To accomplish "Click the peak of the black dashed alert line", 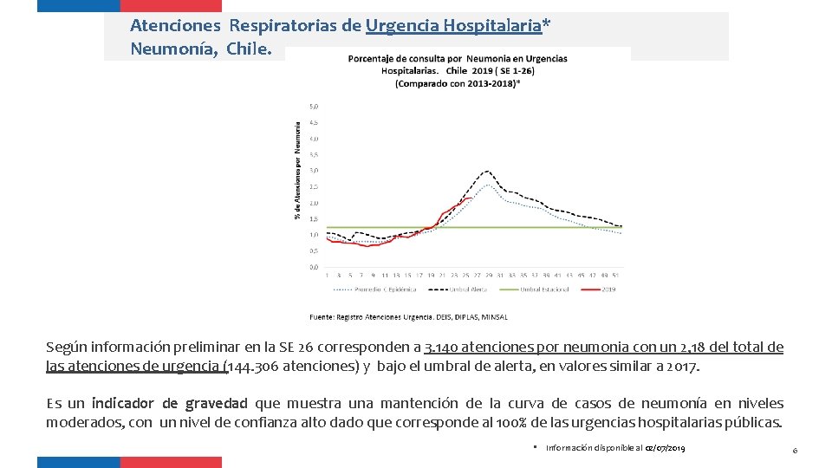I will tap(488, 172).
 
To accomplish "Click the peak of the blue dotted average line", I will tap(490, 185).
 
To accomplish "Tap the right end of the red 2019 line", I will tap(471, 198).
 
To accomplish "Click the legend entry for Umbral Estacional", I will tap(546, 289).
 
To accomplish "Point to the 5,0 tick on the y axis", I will tap(314, 106).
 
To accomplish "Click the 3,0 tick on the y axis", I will tap(314, 171).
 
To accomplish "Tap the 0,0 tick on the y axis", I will tap(314, 267).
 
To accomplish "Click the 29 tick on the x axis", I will tap(488, 276).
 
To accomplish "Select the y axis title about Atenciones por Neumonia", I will tap(299, 169).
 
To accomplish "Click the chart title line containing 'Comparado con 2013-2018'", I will tap(458, 83).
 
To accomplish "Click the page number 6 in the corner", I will tap(795, 448).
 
